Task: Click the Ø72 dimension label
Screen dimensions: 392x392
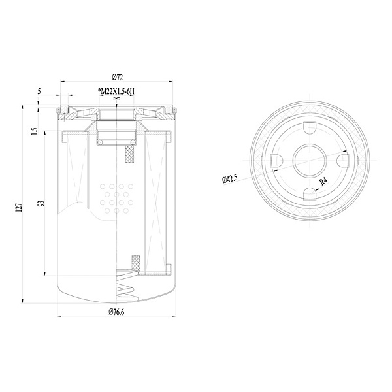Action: pyautogui.click(x=118, y=78)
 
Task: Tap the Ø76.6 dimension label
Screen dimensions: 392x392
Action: pyautogui.click(x=116, y=312)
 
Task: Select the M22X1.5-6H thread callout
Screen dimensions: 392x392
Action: pyautogui.click(x=116, y=91)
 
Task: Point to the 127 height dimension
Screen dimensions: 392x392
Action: pyautogui.click(x=19, y=208)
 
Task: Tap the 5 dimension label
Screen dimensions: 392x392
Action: pyautogui.click(x=39, y=91)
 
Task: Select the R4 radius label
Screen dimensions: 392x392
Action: pyautogui.click(x=323, y=181)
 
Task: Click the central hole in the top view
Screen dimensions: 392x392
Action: pyautogui.click(x=310, y=161)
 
